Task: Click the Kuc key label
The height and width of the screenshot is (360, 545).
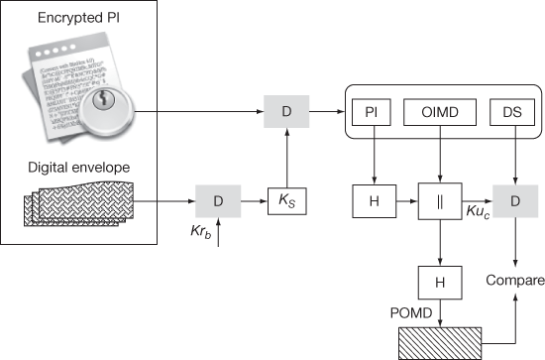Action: coord(476,214)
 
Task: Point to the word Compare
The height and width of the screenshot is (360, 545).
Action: coord(514,282)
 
